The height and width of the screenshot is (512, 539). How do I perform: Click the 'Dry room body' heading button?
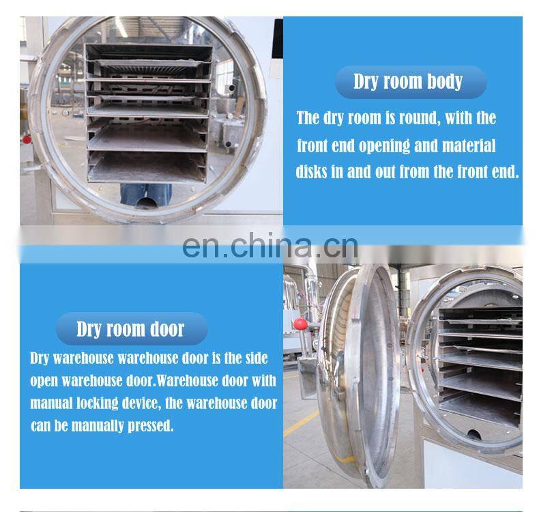[x=411, y=82]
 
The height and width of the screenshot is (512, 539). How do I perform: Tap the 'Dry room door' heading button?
[x=132, y=329]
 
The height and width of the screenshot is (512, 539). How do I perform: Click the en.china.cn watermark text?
[x=270, y=246]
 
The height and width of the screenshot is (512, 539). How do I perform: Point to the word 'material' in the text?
[x=469, y=145]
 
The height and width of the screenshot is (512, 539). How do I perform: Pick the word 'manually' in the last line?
[x=98, y=426]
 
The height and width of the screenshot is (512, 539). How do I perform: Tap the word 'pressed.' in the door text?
[x=151, y=426]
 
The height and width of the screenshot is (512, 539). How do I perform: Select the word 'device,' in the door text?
[x=142, y=403]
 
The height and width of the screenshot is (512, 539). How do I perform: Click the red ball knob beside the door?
[x=300, y=324]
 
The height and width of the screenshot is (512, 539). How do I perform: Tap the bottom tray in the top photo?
[x=147, y=169]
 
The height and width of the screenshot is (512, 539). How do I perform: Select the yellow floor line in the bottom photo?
[x=301, y=423]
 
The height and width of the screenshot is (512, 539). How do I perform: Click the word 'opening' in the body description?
[x=384, y=146]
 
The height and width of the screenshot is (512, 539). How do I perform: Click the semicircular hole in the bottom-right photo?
[x=474, y=434]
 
